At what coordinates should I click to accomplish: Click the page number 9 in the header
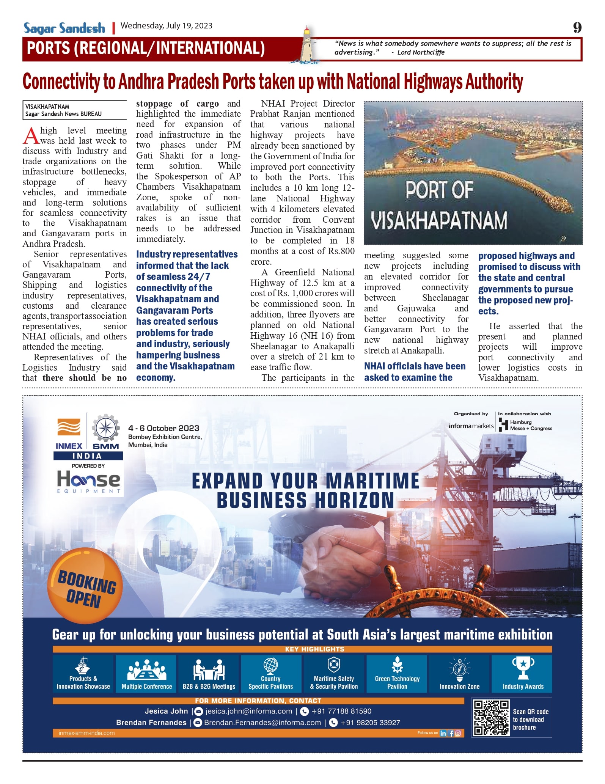point(577,28)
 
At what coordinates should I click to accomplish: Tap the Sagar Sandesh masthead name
point(64,28)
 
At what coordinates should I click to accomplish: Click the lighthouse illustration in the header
point(306,44)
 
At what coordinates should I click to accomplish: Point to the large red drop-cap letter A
point(31,136)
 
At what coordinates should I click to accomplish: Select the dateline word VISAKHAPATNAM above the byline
point(47,107)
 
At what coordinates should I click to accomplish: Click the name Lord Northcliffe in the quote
point(421,52)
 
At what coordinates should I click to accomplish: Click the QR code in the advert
point(491,718)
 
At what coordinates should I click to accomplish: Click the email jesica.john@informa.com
point(248,711)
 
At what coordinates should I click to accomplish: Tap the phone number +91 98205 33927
point(370,723)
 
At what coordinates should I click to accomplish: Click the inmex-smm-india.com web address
point(86,733)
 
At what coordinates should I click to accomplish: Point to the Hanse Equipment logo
point(88,481)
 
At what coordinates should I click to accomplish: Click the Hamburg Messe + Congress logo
point(525,425)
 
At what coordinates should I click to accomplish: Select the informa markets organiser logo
point(471,426)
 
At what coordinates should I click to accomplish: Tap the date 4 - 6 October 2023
point(163,428)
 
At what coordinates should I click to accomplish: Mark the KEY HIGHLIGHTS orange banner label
point(314,649)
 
